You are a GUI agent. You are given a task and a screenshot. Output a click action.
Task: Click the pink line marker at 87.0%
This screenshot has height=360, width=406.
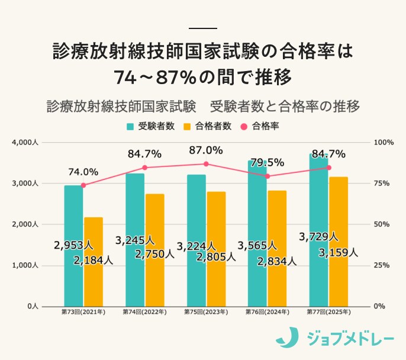click(206, 164)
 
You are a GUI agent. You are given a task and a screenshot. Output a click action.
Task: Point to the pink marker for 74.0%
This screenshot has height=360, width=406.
click(83, 185)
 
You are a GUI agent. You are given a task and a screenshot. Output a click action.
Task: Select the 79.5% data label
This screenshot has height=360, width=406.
click(268, 162)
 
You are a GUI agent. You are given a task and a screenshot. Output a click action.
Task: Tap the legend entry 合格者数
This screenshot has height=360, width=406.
click(207, 126)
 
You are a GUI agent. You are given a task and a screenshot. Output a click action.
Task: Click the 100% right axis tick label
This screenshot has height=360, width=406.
click(384, 143)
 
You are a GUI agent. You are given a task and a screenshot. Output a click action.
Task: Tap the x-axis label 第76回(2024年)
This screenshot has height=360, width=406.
click(267, 311)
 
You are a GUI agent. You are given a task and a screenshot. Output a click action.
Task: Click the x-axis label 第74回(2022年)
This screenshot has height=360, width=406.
click(144, 311)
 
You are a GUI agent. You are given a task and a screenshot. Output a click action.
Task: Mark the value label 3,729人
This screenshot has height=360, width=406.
click(318, 236)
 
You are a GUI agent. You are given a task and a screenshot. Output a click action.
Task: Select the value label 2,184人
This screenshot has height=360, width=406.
click(93, 260)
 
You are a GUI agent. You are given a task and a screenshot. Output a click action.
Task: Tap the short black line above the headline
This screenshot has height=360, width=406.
click(202, 28)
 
